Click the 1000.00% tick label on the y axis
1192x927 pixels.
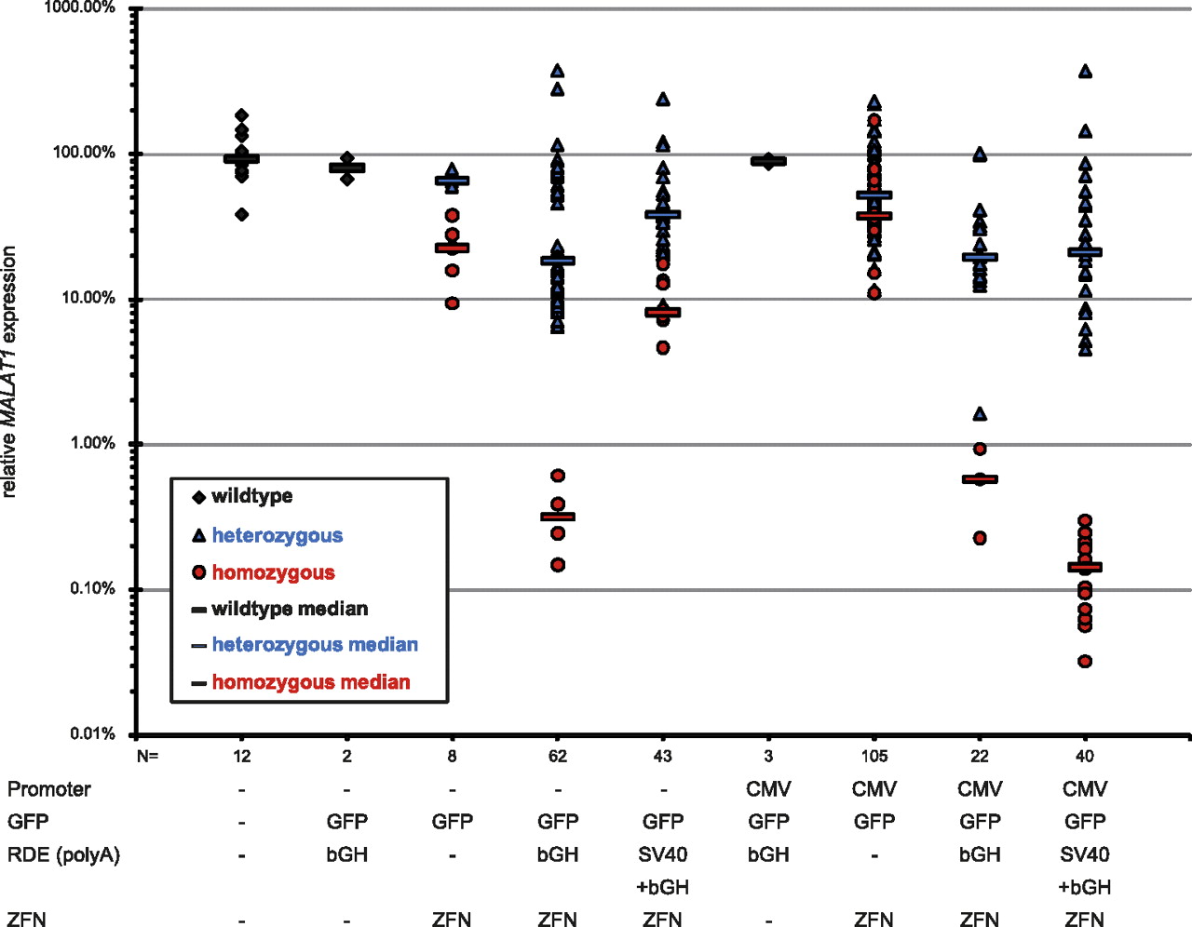[79, 7]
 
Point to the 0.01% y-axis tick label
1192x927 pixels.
[92, 734]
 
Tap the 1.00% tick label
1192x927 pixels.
[92, 443]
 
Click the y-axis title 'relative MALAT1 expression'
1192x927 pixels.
[9, 372]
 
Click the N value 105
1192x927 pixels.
[874, 756]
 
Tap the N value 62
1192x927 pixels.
[557, 756]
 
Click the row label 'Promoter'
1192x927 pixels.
[49, 789]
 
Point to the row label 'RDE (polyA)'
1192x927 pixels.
[63, 854]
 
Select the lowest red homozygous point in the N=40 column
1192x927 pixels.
[1085, 662]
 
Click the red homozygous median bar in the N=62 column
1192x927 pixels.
[558, 517]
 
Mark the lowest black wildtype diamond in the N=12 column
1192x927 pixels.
[242, 215]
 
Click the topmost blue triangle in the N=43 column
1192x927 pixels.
[663, 100]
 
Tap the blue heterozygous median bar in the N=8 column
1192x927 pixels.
[453, 181]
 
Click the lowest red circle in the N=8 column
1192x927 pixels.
[453, 303]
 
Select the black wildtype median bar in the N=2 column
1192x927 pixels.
[347, 168]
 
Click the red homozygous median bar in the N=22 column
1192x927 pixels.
[980, 479]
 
